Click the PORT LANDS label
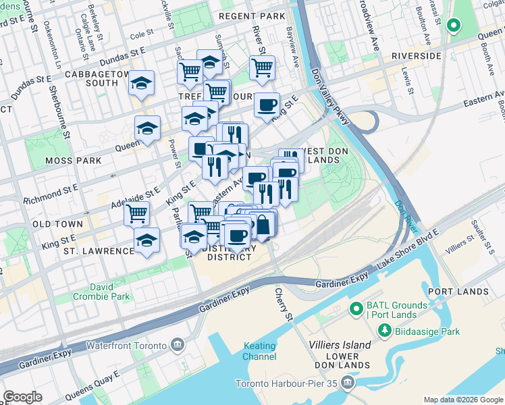(x=458, y=292)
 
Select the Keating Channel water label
(x=259, y=351)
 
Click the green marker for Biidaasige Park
(x=384, y=331)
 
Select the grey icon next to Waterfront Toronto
(x=177, y=345)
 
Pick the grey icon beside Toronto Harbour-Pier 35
(x=347, y=384)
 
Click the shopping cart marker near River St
(x=262, y=66)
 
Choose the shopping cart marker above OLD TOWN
(x=137, y=213)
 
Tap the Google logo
(x=22, y=397)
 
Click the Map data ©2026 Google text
(x=462, y=400)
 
